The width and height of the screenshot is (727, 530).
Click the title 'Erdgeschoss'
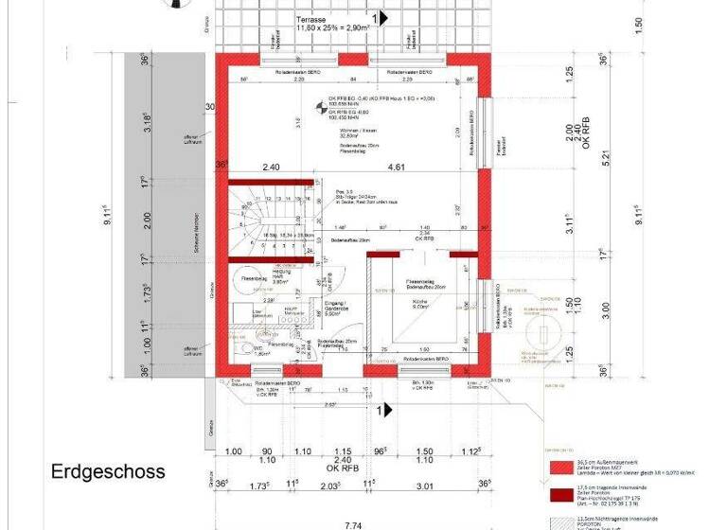(x=108, y=470)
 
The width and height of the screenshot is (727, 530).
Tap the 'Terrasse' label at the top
(x=312, y=19)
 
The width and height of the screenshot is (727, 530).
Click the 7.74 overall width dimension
(x=353, y=523)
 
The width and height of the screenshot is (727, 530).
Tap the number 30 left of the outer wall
(x=209, y=107)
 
